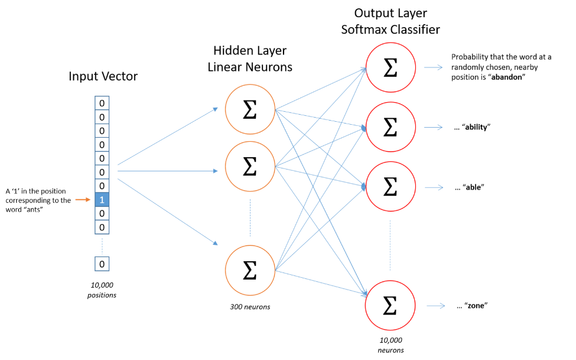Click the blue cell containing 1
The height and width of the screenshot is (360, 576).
coord(102,200)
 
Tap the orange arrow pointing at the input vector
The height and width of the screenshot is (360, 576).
coord(83,200)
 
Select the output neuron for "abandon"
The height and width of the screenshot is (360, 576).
coord(390,67)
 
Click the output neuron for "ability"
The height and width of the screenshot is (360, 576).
coord(390,127)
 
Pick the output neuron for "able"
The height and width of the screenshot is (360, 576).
coord(390,186)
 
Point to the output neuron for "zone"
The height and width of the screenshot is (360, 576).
coord(390,305)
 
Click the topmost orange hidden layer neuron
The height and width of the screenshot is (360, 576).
coord(250,109)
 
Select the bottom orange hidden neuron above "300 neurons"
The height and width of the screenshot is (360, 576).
coord(250,270)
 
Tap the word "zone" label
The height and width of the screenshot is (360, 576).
coord(476,306)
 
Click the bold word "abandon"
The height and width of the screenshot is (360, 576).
coord(506,77)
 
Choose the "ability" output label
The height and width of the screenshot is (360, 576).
coord(476,127)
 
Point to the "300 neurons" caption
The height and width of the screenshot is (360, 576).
coord(250,307)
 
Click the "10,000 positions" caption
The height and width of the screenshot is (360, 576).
coord(102,290)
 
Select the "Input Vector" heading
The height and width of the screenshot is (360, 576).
coord(103,76)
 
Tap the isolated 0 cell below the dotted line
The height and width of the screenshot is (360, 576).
coord(102,264)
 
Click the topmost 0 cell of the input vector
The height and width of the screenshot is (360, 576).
coord(102,103)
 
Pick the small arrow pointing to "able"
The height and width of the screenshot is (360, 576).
coord(434,187)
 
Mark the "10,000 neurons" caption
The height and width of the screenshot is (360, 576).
coord(391,345)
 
